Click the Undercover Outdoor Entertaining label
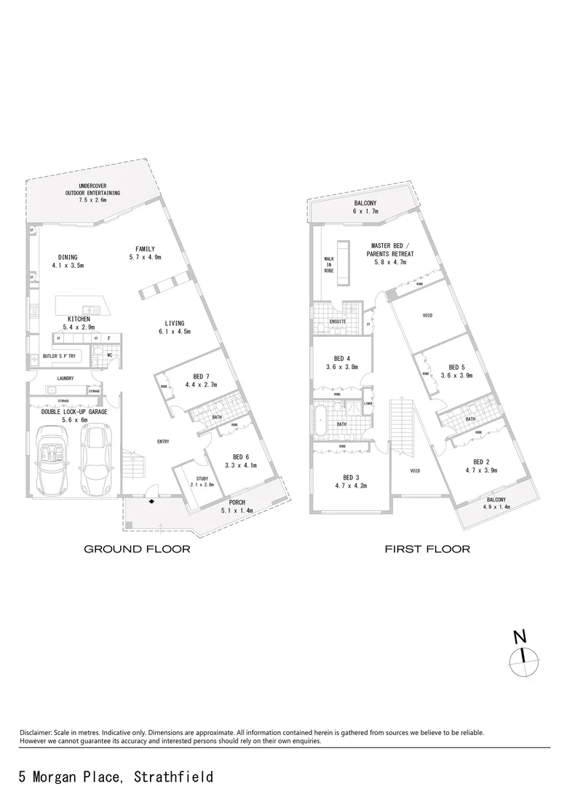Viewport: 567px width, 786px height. point(92,193)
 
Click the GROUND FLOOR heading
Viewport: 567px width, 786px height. point(137,549)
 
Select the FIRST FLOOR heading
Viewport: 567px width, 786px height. point(427,549)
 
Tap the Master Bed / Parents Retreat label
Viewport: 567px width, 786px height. point(393,250)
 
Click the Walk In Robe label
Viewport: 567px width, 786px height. point(329,264)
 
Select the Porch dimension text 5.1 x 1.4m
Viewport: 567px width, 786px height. point(237,512)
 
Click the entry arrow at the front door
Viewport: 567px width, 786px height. point(151,501)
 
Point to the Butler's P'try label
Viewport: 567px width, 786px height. point(60,357)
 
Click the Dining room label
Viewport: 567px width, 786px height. point(68,257)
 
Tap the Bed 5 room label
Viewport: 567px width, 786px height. point(456,368)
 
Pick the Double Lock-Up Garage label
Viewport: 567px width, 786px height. point(74,412)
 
